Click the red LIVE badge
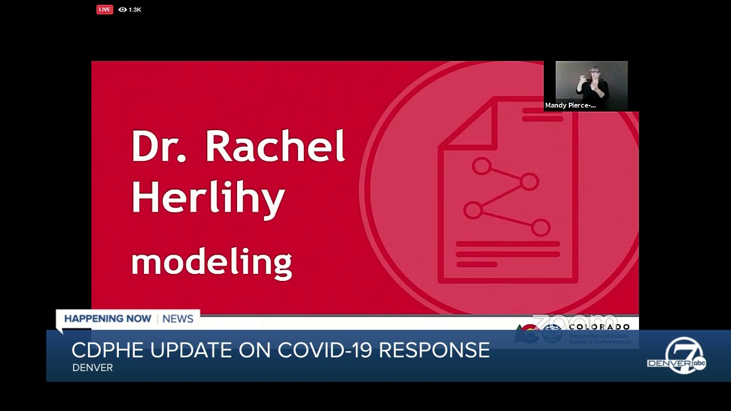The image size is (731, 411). coord(105,9)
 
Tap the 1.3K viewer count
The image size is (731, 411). coord(135,10)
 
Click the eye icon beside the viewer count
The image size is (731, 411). coord(122,10)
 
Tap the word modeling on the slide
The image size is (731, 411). coord(211,262)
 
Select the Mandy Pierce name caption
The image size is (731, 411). coord(570,106)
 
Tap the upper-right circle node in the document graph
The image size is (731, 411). coord(530,182)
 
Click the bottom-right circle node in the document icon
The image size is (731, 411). coord(540,228)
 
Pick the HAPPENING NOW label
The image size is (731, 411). coord(107,319)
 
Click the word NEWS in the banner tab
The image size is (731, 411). coord(178,319)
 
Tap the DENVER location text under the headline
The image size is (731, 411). coord(93,368)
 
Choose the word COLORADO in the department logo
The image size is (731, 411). coord(599,327)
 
